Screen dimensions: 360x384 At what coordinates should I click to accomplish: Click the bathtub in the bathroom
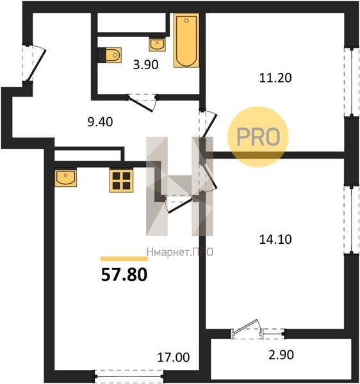(186, 40)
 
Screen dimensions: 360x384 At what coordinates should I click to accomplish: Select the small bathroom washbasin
(157, 45)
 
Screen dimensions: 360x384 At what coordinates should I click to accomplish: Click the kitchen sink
(66, 177)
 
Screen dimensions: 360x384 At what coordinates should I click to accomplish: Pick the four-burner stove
(121, 180)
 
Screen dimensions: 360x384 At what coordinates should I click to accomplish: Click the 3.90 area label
(145, 65)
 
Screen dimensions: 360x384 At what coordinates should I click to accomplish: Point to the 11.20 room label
(275, 78)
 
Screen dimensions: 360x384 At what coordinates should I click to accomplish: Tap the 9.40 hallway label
(100, 122)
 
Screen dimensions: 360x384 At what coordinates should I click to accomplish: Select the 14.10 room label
(275, 239)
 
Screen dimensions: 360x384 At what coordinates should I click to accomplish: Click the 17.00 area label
(173, 357)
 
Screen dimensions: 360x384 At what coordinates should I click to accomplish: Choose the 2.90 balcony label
(281, 355)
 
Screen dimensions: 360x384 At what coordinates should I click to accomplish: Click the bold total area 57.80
(124, 275)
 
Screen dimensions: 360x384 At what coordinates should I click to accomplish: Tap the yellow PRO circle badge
(258, 137)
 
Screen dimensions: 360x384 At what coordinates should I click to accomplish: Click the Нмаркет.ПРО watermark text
(180, 252)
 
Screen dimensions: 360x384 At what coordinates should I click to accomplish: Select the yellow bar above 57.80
(124, 259)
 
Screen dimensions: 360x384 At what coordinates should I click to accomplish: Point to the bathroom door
(142, 102)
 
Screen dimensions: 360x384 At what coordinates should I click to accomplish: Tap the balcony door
(247, 330)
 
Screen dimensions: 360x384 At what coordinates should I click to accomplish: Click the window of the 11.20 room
(348, 82)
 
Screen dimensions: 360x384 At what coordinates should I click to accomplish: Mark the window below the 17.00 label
(129, 376)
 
